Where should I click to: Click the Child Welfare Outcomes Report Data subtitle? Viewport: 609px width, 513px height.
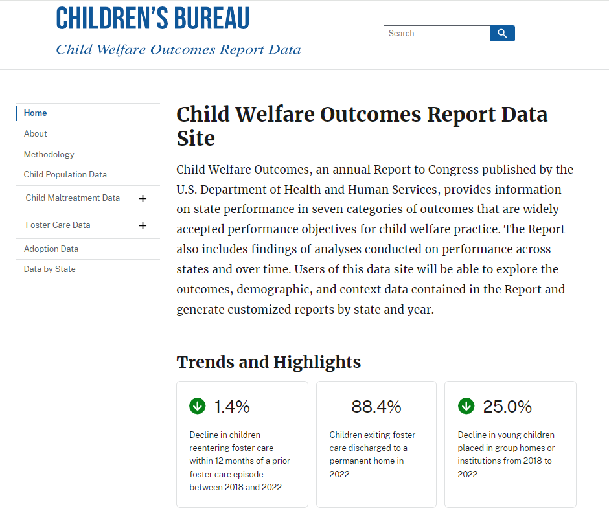[x=178, y=50]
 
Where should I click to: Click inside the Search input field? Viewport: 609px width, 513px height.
[x=436, y=34]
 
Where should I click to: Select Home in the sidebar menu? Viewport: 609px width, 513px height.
[x=36, y=113]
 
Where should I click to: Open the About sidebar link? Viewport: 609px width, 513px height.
[x=36, y=134]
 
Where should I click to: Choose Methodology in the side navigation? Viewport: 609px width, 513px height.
[x=49, y=155]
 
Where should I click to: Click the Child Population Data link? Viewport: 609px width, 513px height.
[x=65, y=175]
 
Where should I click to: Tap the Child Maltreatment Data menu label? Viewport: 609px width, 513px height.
[x=73, y=198]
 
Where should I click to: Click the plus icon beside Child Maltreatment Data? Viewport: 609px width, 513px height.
[x=143, y=199]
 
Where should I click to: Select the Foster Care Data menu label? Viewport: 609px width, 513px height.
[x=58, y=225]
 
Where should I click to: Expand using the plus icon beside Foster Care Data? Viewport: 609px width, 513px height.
[x=143, y=226]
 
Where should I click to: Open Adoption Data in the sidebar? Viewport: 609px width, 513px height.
[x=51, y=249]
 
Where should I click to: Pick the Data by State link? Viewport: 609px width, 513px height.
[x=50, y=269]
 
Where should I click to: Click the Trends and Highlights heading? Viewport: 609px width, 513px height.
[x=268, y=362]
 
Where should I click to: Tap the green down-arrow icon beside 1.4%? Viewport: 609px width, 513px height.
[x=198, y=406]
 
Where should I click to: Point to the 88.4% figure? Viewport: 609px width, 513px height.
[x=376, y=407]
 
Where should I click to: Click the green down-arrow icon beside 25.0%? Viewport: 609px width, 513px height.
[x=466, y=406]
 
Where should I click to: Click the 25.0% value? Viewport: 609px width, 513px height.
[x=507, y=407]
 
